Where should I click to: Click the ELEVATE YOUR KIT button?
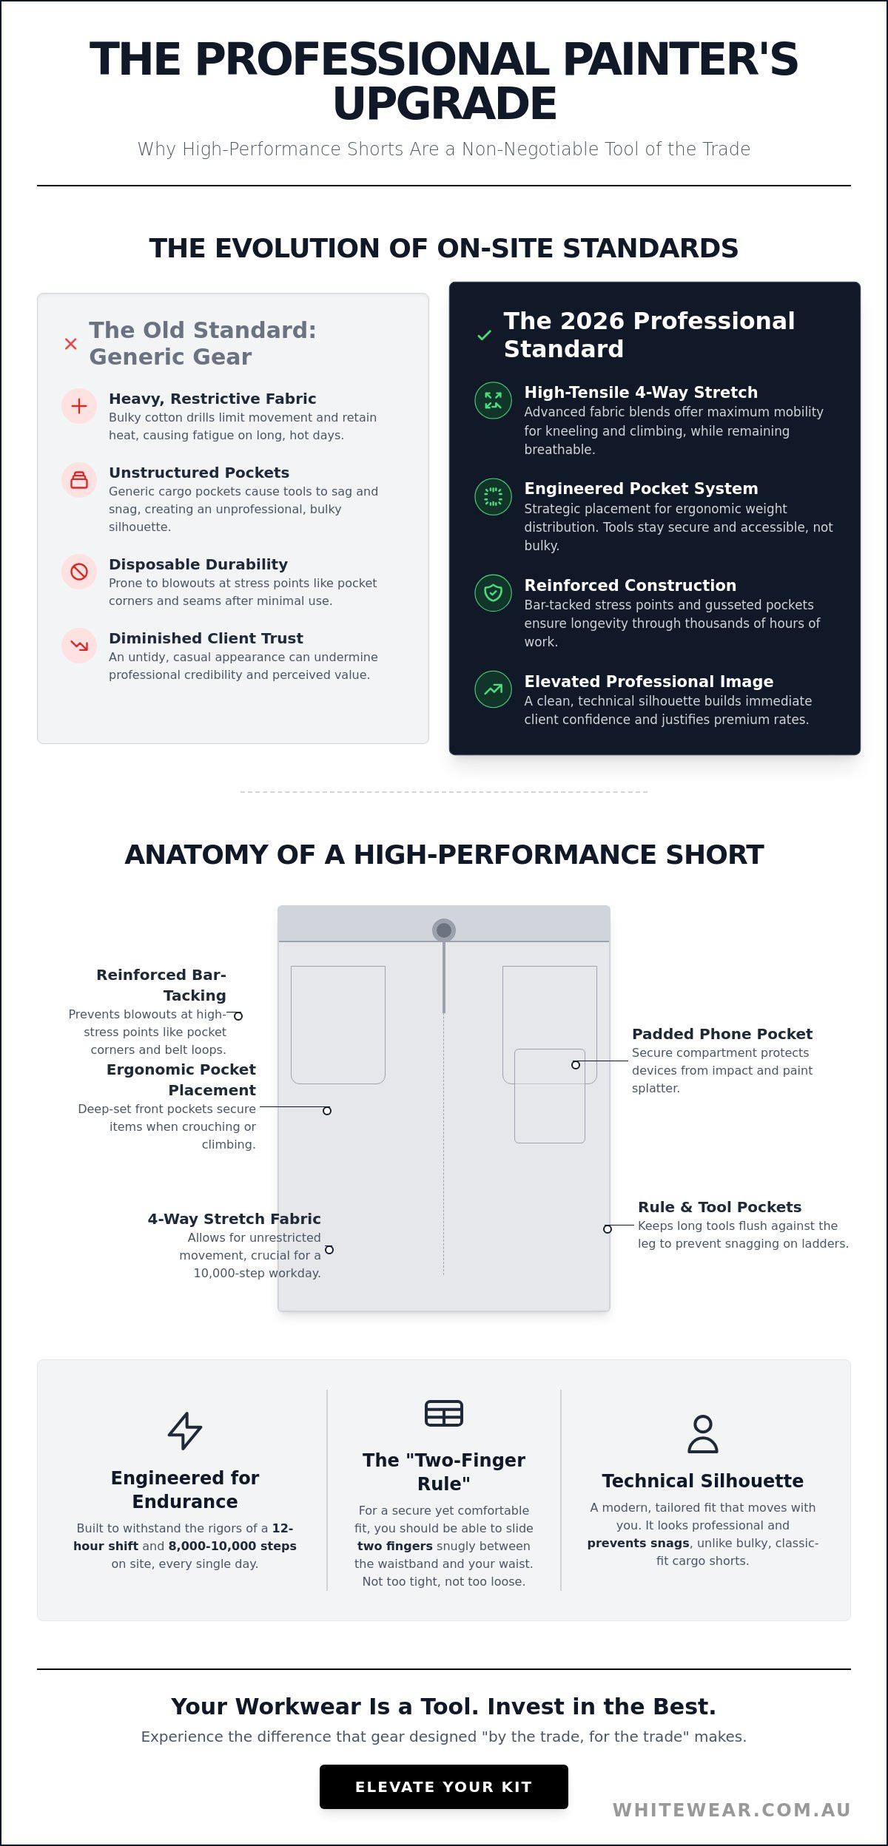(444, 1787)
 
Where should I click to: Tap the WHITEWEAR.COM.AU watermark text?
(732, 1810)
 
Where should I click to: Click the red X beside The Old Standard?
(71, 344)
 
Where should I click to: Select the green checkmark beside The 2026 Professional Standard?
(485, 335)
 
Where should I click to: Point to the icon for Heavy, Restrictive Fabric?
(79, 406)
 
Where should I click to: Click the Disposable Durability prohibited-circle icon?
(79, 572)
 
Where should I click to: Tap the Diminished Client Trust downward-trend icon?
(79, 646)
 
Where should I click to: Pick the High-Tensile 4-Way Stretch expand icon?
(493, 400)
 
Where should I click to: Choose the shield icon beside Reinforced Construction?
(493, 592)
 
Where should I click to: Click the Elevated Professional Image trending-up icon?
(493, 689)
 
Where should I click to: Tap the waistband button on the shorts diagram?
(444, 930)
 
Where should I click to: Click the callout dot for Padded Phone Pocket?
(576, 1065)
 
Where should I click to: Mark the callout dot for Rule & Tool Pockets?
(608, 1229)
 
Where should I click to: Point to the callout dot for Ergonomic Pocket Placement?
(327, 1111)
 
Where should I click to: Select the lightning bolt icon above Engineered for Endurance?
(185, 1430)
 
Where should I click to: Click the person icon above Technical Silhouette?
(703, 1433)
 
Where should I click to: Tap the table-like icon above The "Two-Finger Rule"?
(444, 1413)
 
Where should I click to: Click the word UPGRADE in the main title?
(445, 104)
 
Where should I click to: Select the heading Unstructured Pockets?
(199, 473)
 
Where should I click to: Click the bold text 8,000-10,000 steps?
(232, 1546)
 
